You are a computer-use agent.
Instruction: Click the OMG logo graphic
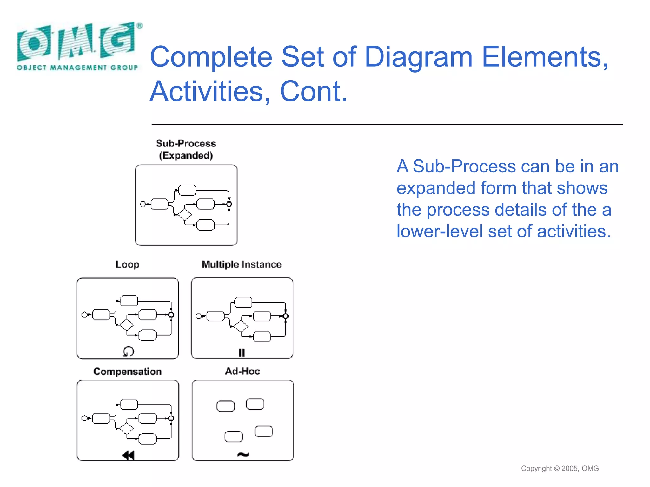[x=76, y=41]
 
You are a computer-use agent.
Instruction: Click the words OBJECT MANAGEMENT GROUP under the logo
[x=77, y=68]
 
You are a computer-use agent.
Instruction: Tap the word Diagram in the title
[x=419, y=57]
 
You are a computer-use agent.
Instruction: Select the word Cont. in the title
[x=314, y=92]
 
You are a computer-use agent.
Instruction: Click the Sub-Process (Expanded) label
[x=186, y=149]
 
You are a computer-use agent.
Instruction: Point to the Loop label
[x=127, y=264]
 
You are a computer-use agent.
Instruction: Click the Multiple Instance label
[x=242, y=264]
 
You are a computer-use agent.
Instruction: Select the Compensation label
[x=127, y=371]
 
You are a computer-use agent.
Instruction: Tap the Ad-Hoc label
[x=242, y=371]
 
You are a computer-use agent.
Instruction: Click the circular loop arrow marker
[x=129, y=351]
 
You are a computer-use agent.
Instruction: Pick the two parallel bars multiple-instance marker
[x=242, y=353]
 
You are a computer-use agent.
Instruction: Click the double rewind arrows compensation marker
[x=128, y=455]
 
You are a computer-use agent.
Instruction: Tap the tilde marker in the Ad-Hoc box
[x=243, y=455]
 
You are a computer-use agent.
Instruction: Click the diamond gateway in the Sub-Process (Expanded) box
[x=184, y=215]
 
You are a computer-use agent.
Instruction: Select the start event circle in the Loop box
[x=84, y=315]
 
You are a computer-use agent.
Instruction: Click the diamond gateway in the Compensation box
[x=127, y=428]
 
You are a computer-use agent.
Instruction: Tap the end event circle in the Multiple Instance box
[x=285, y=316]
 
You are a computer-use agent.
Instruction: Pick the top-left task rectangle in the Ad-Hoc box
[x=226, y=406]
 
